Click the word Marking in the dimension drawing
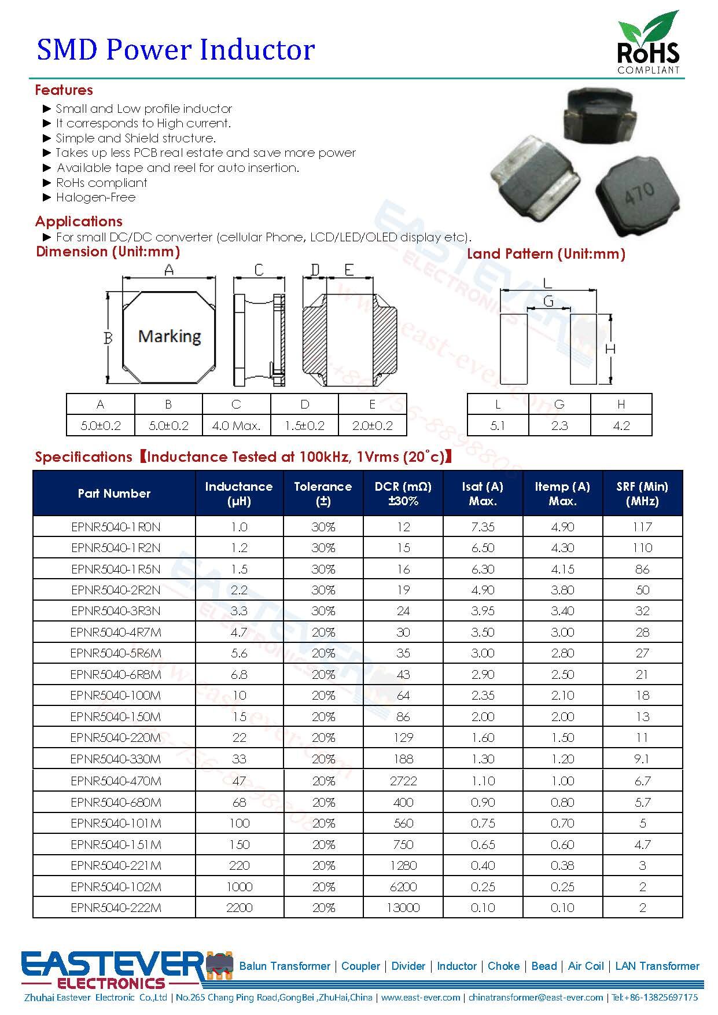[x=170, y=336]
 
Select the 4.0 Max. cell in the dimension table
[x=236, y=426]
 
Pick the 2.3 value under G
[x=559, y=426]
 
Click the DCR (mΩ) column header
[x=403, y=494]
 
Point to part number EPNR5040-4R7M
[x=116, y=632]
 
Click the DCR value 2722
[x=403, y=781]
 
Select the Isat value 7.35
[x=483, y=527]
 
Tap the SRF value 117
[x=642, y=527]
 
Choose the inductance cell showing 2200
[x=239, y=907]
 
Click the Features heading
[x=64, y=90]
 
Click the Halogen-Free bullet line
[x=95, y=197]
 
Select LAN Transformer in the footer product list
[x=657, y=966]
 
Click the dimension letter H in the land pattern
[x=610, y=349]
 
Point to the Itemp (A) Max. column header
[x=562, y=494]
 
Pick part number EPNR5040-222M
[x=116, y=907]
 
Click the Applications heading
[x=79, y=222]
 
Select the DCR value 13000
[x=403, y=907]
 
